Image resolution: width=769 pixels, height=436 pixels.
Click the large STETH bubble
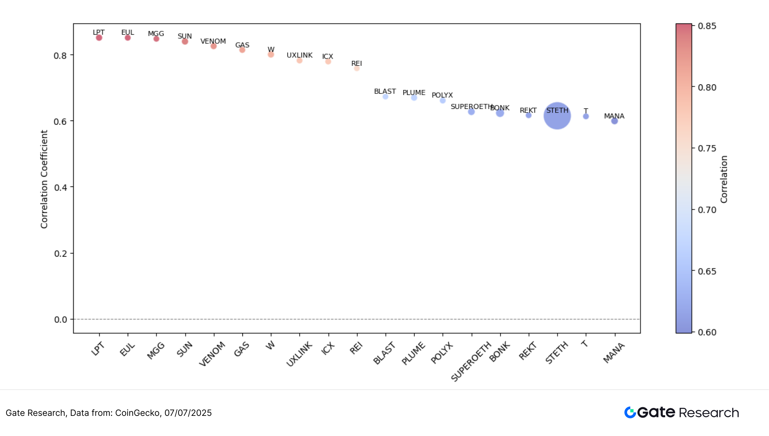point(557,116)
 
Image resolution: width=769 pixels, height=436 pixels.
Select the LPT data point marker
point(99,38)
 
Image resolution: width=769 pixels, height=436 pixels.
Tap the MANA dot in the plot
point(614,121)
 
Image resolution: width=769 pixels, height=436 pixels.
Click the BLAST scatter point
point(385,97)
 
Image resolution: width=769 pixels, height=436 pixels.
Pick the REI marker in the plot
point(356,68)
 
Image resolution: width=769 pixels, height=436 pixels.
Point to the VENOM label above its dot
point(213,41)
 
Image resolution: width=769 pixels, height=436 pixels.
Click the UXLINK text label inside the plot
point(299,55)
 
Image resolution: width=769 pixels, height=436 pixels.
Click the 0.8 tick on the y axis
point(60,56)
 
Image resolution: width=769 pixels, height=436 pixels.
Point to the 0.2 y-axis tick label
point(60,254)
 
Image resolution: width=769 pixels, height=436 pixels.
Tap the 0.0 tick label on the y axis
point(60,319)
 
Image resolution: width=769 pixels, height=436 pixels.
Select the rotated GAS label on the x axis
point(241,349)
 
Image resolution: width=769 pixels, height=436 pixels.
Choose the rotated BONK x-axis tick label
point(499,352)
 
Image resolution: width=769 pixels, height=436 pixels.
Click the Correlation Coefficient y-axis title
point(44,179)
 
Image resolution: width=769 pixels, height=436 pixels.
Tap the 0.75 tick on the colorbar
point(706,149)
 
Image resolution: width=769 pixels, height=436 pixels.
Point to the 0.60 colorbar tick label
point(706,332)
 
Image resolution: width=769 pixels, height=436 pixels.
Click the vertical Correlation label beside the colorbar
point(724,179)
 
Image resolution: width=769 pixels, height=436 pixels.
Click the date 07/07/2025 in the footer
point(188,413)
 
